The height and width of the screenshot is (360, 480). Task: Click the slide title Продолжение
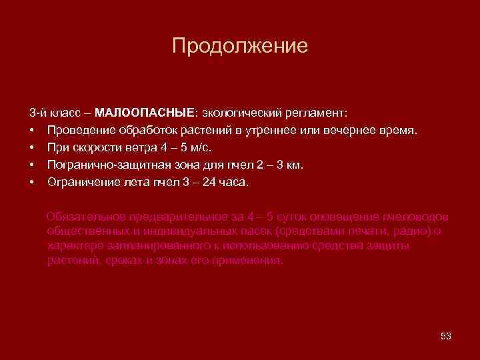[240, 45]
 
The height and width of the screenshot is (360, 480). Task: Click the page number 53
[446, 335]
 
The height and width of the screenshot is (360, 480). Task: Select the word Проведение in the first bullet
[81, 128]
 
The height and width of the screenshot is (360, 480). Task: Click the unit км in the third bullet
[294, 164]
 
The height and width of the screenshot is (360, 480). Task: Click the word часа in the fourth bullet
[233, 182]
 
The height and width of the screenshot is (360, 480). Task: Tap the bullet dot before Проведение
[32, 128]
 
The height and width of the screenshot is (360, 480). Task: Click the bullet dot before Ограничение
[32, 182]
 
